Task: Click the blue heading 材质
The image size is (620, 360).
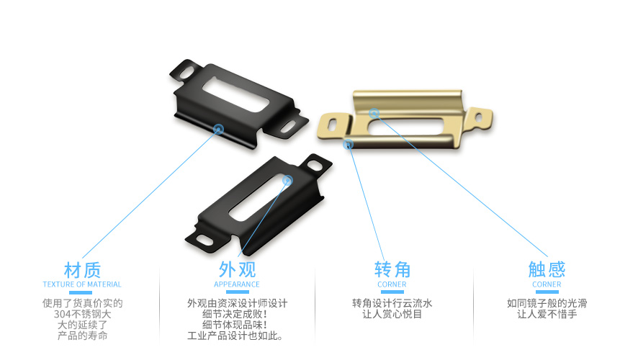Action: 82,270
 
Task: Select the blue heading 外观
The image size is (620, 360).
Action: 237,270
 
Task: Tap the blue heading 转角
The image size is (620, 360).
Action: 392,270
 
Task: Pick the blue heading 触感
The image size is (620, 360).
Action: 547,270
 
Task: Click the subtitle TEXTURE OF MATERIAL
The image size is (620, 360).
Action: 82,285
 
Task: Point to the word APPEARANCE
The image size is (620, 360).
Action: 237,285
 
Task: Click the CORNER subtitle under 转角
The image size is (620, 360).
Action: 392,285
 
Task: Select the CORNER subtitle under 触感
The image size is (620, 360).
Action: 547,285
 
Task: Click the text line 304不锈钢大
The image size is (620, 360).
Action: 82,315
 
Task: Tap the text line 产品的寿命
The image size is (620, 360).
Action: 82,336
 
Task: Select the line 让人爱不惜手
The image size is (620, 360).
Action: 547,315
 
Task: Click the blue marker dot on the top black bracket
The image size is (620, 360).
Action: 217,129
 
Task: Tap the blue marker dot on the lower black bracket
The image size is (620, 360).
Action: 287,180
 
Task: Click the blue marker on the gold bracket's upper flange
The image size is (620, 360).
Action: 374,113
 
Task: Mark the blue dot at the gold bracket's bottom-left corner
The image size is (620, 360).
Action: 349,145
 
